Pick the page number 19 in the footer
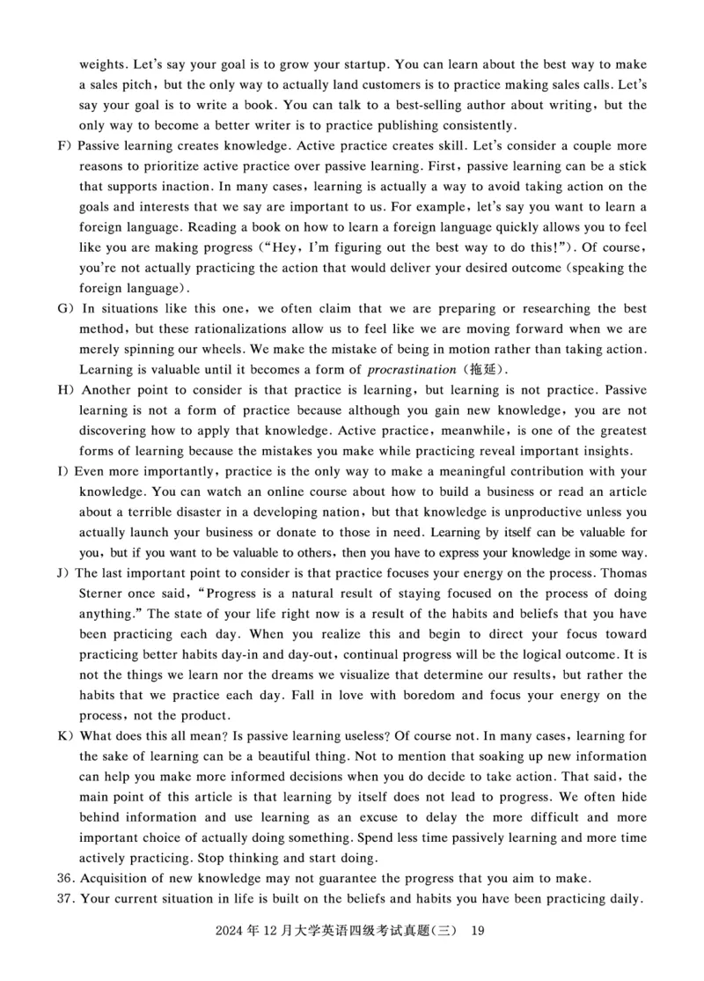click(x=478, y=931)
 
